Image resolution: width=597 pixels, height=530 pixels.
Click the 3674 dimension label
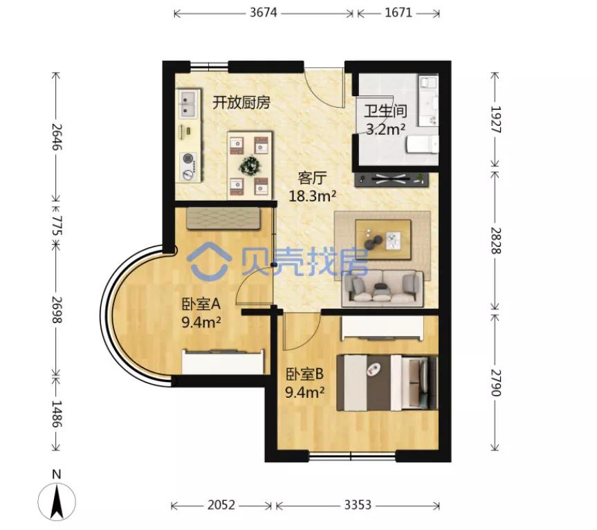pos(263,12)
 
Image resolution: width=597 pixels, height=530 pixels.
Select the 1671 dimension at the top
pos(398,12)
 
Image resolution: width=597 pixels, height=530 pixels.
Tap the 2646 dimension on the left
pos(57,137)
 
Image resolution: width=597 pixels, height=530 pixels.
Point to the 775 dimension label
pos(57,225)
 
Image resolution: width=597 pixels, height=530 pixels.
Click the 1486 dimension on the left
pos(57,414)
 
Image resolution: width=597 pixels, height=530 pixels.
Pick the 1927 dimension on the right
pos(495,120)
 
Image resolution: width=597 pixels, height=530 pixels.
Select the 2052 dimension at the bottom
pos(221,505)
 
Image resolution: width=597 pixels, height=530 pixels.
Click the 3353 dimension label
pos(358,505)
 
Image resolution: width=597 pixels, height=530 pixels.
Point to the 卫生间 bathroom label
pos(385,111)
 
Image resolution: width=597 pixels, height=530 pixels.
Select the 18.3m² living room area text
pos(312,197)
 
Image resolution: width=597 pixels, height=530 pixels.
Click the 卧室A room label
pos(201,304)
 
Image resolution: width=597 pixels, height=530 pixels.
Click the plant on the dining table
pos(250,165)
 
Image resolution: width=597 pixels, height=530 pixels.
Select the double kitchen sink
pos(187,104)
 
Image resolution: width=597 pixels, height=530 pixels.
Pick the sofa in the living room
pos(383,289)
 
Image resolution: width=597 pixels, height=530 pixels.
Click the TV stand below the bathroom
pos(392,179)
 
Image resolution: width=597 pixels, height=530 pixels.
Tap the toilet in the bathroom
pos(422,145)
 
